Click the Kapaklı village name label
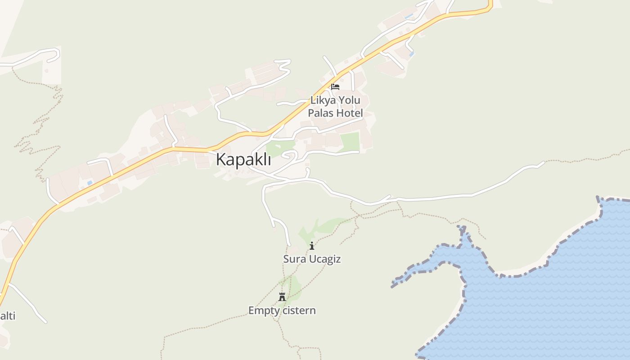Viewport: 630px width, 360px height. [x=243, y=159]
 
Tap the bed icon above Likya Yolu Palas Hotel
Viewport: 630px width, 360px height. [x=335, y=87]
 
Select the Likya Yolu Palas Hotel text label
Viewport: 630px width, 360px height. [x=335, y=107]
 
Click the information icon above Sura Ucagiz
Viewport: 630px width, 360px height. [x=312, y=246]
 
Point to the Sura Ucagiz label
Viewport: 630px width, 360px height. [x=312, y=259]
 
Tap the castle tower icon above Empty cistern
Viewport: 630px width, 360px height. [x=282, y=297]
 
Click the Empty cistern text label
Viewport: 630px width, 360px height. [x=282, y=310]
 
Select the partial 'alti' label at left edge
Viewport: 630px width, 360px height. [x=7, y=316]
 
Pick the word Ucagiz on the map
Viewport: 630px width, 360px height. [x=324, y=260]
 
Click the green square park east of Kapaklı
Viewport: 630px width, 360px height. [x=350, y=141]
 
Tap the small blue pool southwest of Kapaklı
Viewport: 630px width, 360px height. [x=90, y=183]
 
